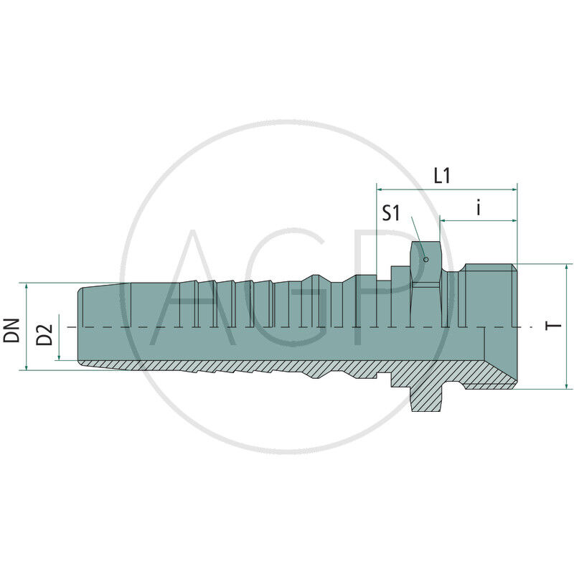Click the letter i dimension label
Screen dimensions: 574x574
tap(479, 208)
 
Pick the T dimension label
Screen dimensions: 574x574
tap(553, 326)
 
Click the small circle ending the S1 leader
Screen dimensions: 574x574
tap(425, 259)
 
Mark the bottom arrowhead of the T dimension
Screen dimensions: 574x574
tap(568, 385)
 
